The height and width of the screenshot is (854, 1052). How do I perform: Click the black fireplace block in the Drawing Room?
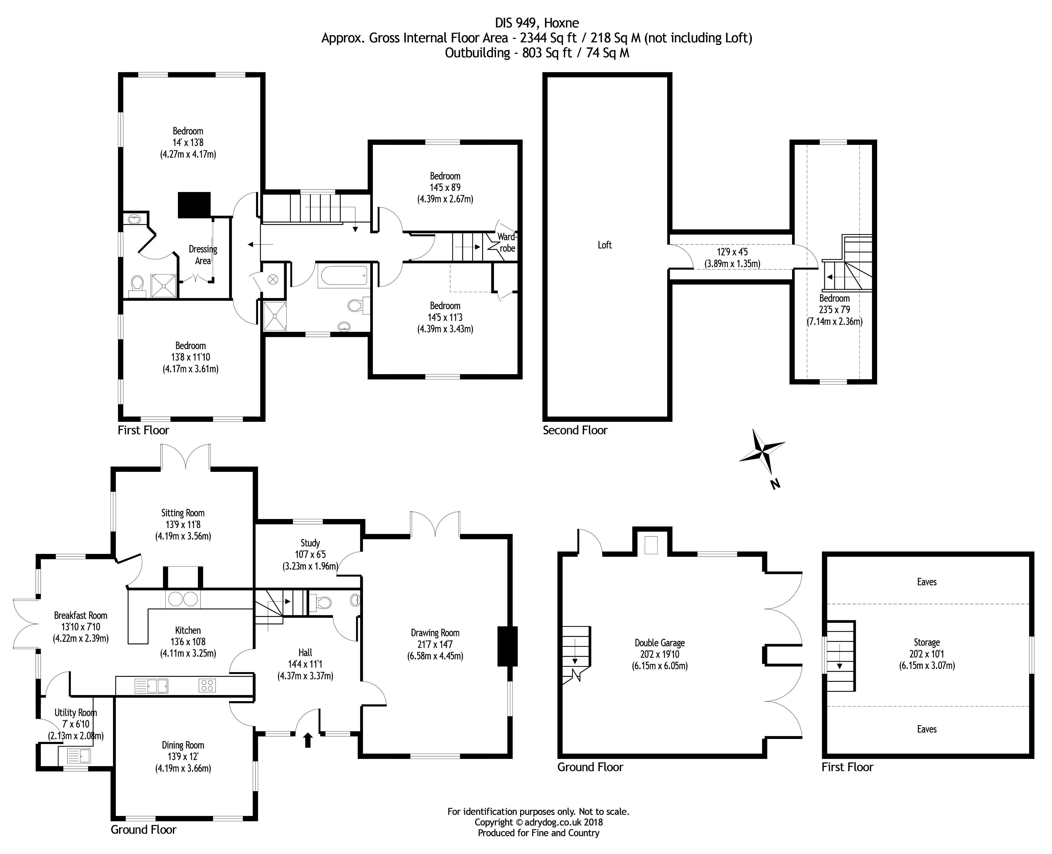(x=507, y=646)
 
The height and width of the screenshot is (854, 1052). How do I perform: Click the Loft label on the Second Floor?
(x=605, y=245)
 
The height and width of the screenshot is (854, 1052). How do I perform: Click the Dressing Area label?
(x=203, y=255)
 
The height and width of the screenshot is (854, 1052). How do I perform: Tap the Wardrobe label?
(x=507, y=243)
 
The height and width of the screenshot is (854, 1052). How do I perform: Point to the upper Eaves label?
(x=927, y=582)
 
